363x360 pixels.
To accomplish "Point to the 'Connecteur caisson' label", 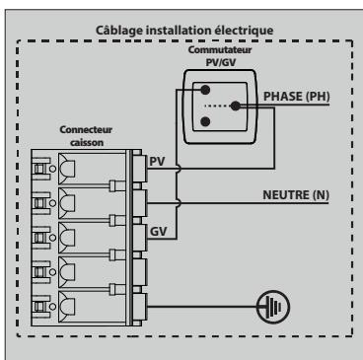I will (x=87, y=136).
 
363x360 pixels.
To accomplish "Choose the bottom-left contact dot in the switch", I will (x=205, y=122).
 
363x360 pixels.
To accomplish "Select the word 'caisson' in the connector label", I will (x=86, y=142).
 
